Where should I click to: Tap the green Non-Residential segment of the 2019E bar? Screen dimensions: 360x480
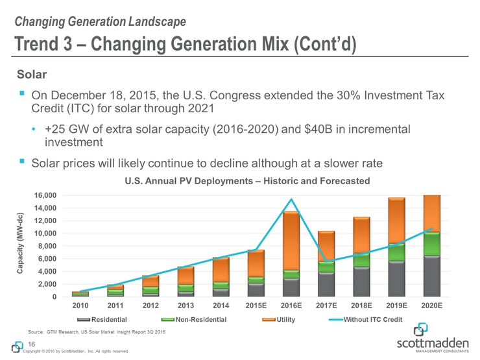point(396,252)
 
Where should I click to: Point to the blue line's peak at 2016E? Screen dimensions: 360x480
point(292,199)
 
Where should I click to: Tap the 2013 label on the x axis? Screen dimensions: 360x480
point(186,304)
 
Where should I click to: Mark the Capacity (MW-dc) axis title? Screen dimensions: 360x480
point(21,246)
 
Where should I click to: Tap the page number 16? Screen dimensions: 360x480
point(31,343)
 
